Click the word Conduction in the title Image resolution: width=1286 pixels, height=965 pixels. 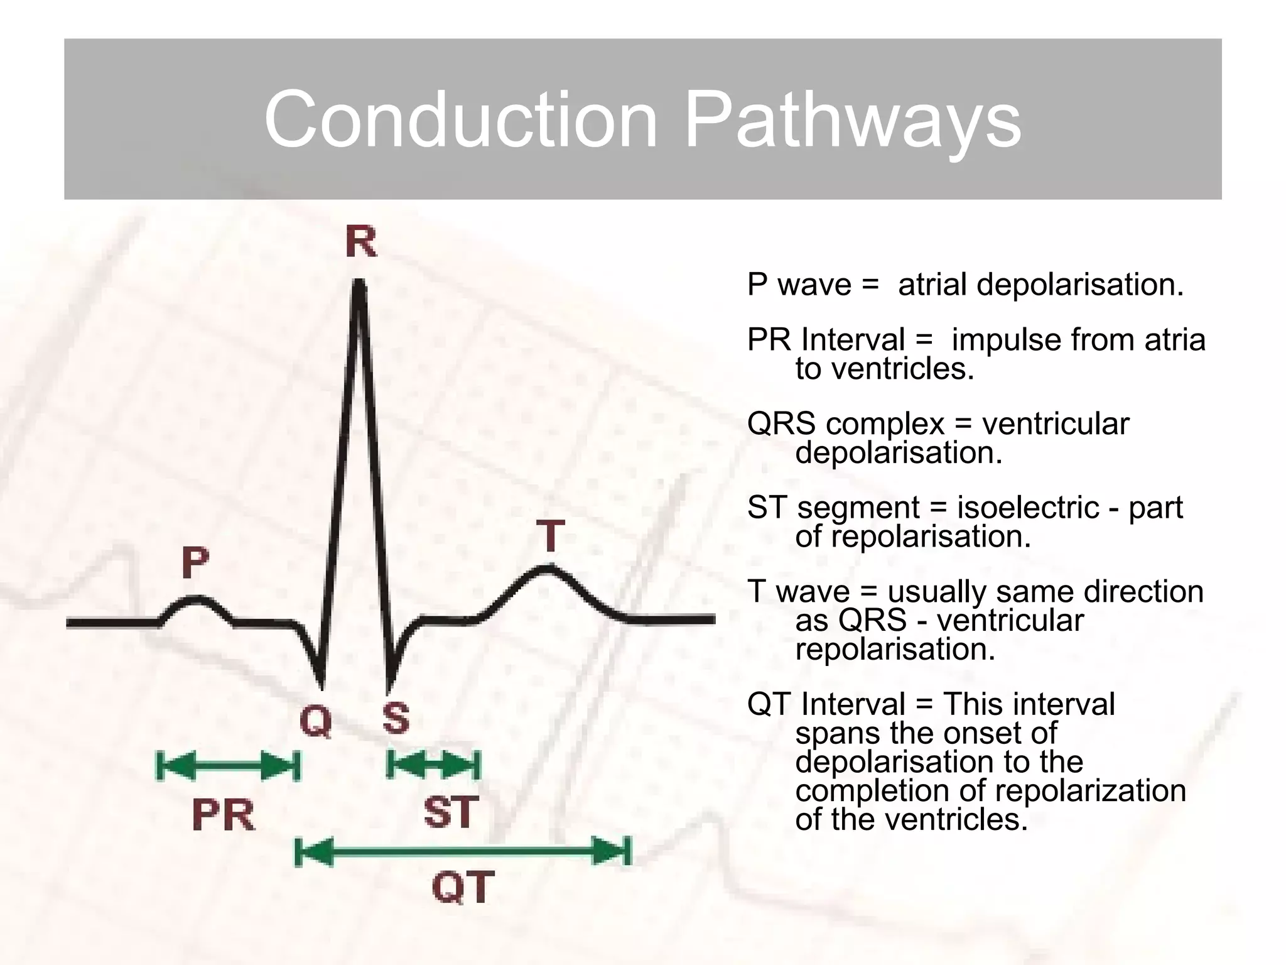460,119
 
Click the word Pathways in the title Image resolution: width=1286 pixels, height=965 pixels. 852,119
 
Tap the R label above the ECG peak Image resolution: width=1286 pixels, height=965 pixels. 361,243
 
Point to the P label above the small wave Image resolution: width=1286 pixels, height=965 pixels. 195,562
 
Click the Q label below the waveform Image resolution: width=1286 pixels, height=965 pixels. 316,720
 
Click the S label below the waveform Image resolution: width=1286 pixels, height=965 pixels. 396,718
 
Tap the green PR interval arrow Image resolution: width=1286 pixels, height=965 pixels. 227,766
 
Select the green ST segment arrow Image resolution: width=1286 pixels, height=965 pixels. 433,765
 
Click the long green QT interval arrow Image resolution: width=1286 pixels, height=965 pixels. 463,852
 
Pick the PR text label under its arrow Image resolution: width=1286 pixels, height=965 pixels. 223,815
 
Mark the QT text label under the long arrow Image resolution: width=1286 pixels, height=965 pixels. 463,887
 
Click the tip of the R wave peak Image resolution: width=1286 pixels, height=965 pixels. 359,284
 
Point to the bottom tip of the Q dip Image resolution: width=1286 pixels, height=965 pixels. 321,685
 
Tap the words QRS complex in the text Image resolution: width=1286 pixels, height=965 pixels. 845,424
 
